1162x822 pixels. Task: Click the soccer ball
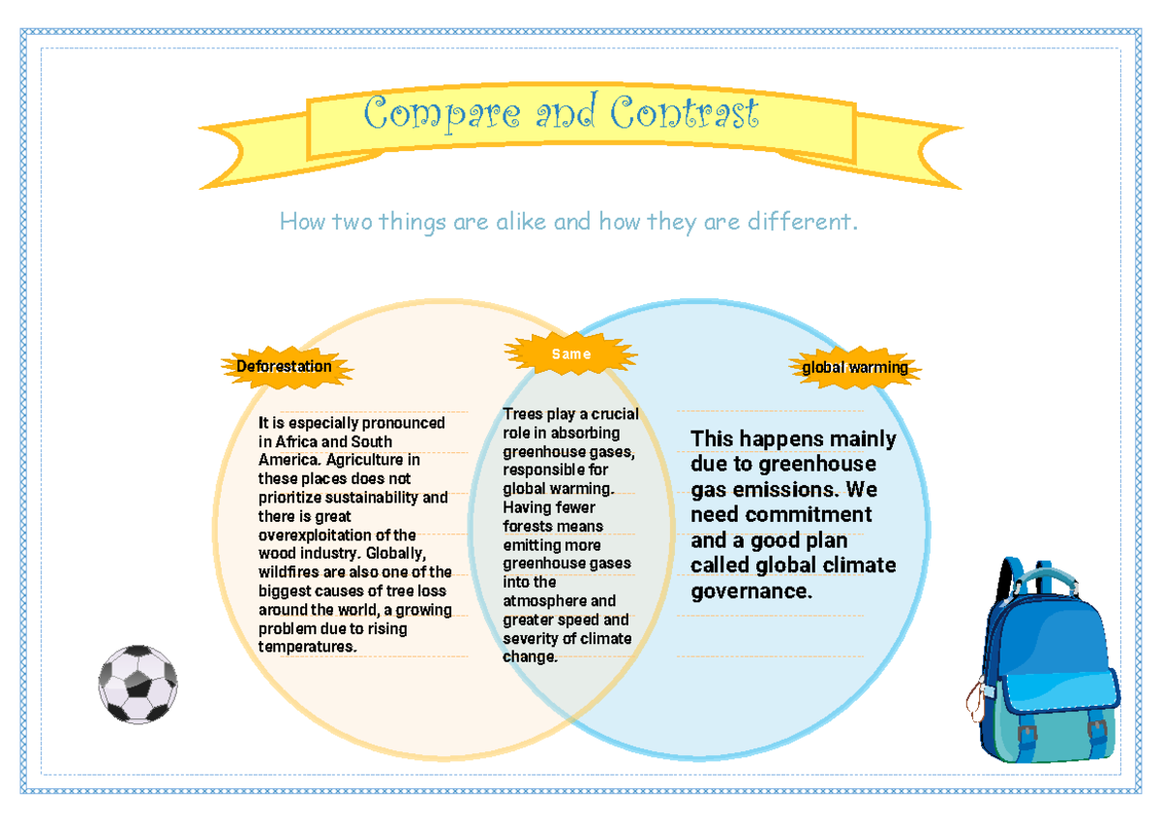(138, 685)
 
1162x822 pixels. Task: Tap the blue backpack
(1043, 660)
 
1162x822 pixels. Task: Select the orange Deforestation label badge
(287, 367)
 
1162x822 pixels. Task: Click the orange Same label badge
(570, 353)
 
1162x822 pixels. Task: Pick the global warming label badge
(855, 368)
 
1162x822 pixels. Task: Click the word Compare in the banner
(442, 113)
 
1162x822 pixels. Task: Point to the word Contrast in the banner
(685, 111)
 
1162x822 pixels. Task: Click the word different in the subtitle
(802, 222)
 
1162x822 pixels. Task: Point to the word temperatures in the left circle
(307, 647)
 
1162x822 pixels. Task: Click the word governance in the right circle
(751, 592)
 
